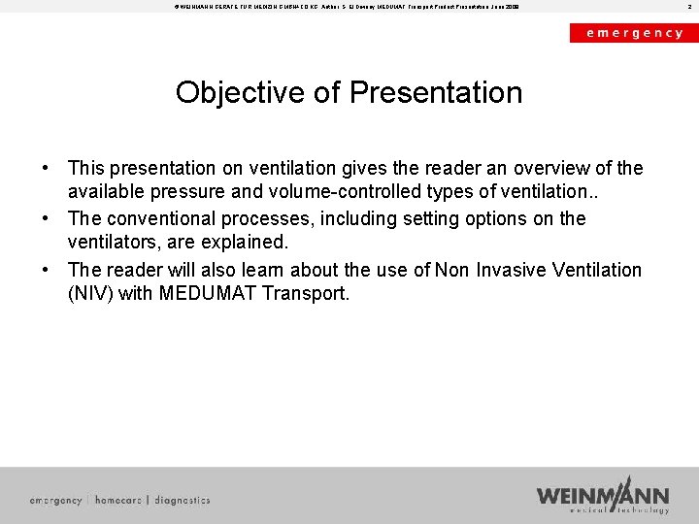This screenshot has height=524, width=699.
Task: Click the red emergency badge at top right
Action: (x=633, y=32)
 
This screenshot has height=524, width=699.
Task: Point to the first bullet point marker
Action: (x=45, y=169)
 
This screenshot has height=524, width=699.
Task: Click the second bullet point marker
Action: (x=45, y=219)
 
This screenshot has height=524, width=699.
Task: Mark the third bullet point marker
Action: (x=45, y=270)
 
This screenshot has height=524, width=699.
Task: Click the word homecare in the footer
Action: (x=117, y=501)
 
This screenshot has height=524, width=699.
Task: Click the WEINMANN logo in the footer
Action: (x=603, y=494)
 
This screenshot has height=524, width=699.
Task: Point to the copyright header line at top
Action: (x=340, y=7)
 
